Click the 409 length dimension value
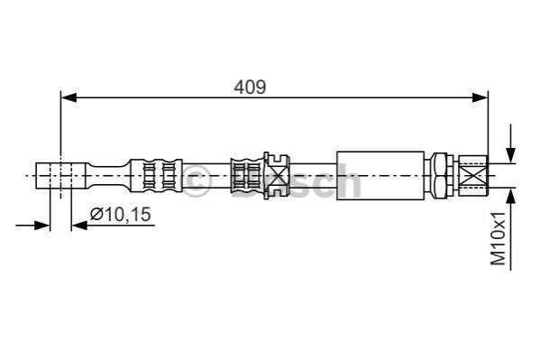(250, 87)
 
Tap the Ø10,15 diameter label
(120, 215)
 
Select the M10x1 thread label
(499, 238)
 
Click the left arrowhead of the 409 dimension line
(69, 97)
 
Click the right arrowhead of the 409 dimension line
(481, 97)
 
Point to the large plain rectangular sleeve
(380, 176)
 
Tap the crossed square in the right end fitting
(473, 176)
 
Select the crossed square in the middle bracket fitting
(277, 176)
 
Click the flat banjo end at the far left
(60, 176)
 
